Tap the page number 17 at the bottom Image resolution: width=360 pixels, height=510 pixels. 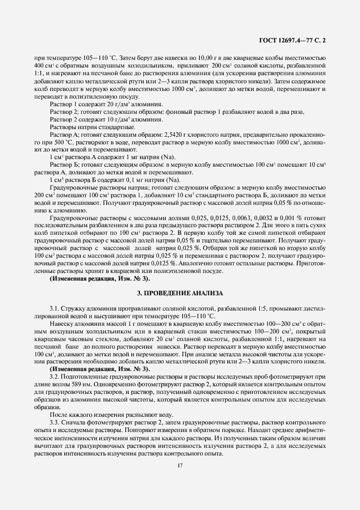point(180,465)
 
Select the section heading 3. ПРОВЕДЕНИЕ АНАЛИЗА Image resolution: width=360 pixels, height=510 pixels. point(180,293)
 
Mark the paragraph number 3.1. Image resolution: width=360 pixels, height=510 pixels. point(55,308)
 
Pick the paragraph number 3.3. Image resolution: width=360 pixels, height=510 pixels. point(55,423)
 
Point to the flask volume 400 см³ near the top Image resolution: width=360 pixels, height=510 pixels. point(42,65)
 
